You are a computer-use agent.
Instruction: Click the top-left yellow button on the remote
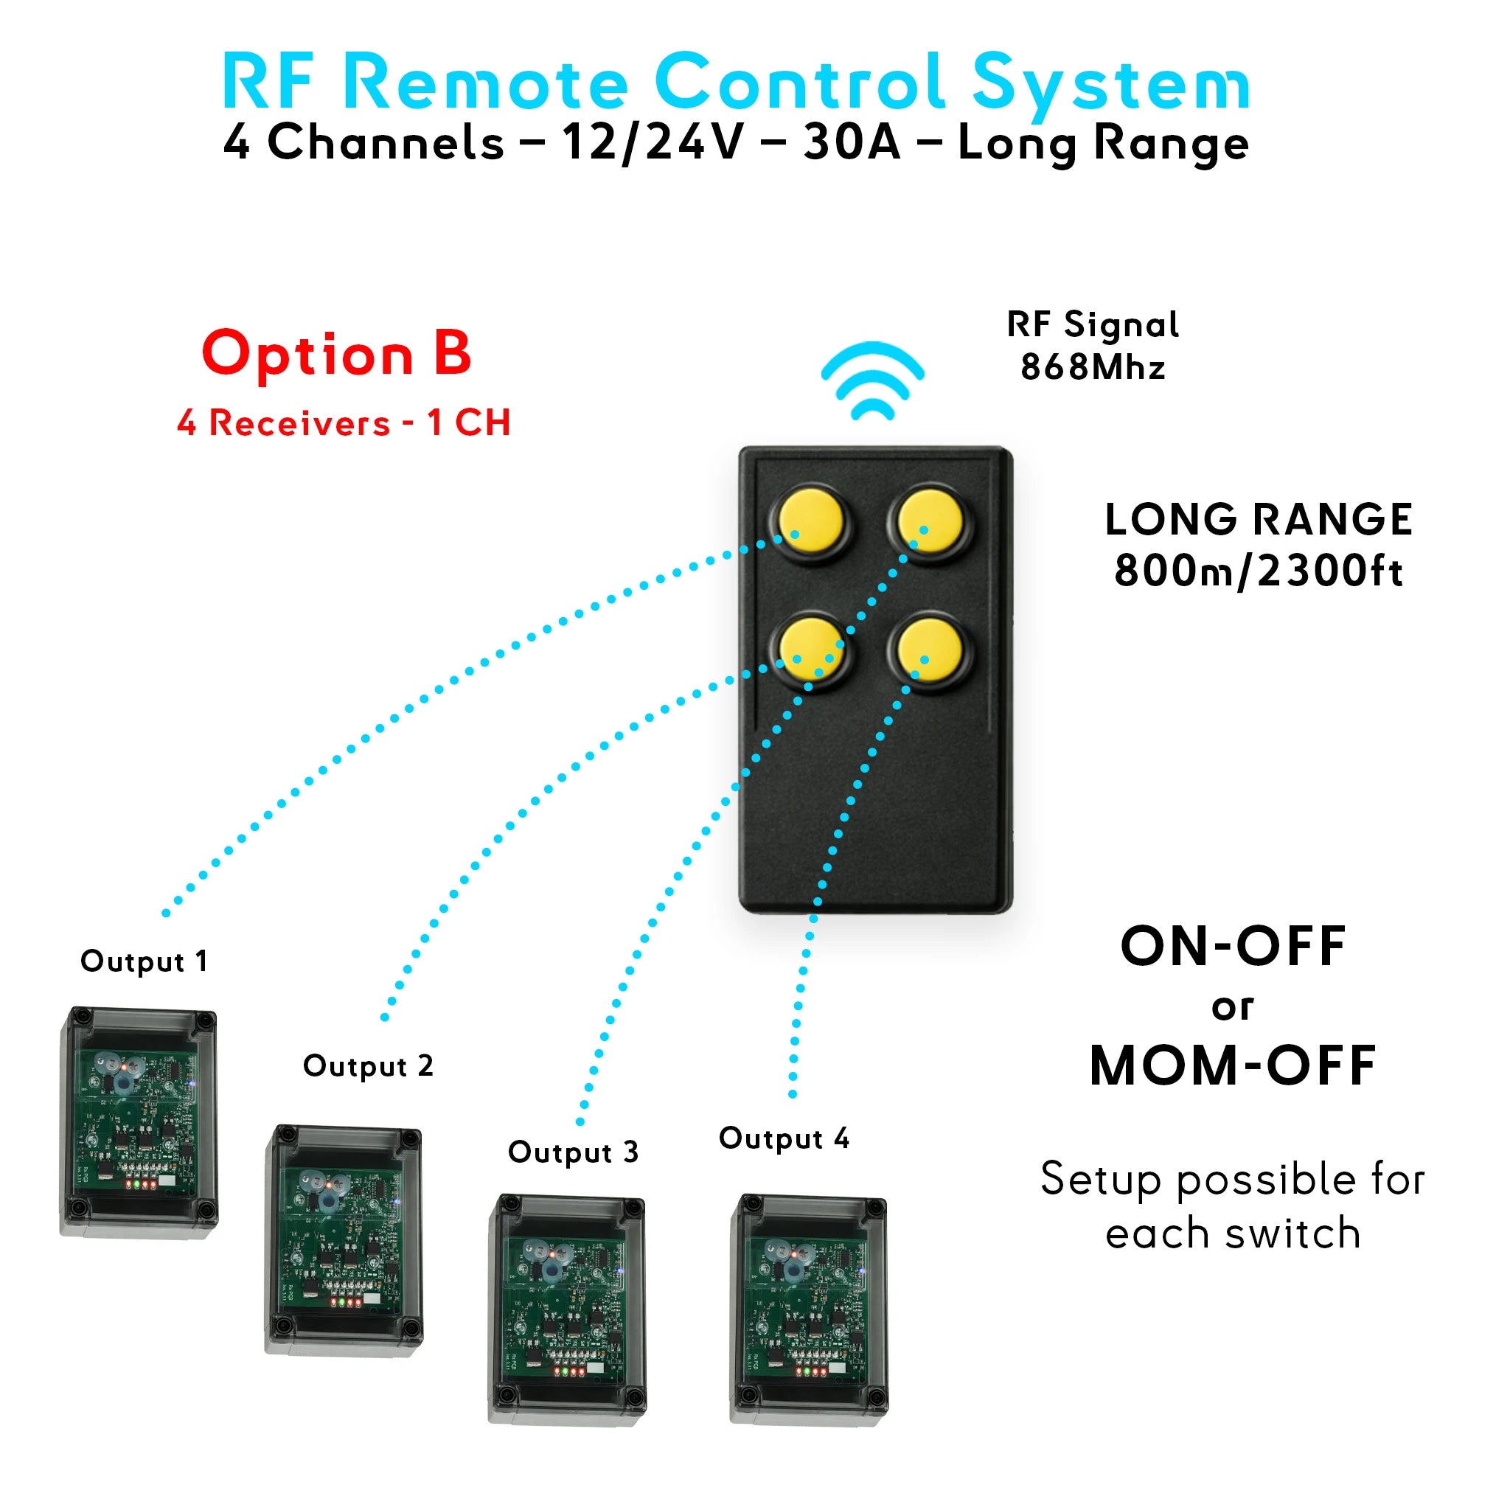pyautogui.click(x=811, y=522)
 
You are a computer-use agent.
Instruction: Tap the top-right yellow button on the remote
pyautogui.click(x=929, y=522)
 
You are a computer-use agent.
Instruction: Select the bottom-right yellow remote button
pyautogui.click(x=929, y=651)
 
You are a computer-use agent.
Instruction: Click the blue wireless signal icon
pyautogui.click(x=872, y=380)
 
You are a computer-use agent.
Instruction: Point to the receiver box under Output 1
pyautogui.click(x=139, y=1121)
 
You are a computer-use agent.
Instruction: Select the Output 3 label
pyautogui.click(x=573, y=1152)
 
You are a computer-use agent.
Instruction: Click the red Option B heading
pyautogui.click(x=337, y=353)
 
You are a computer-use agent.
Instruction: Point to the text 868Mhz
pyautogui.click(x=1093, y=367)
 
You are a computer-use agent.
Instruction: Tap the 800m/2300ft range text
pyautogui.click(x=1258, y=571)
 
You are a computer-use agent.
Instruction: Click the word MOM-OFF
pyautogui.click(x=1233, y=1066)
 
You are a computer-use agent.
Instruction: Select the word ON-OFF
pyautogui.click(x=1233, y=947)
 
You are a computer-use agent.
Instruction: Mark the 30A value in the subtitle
pyautogui.click(x=851, y=143)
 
